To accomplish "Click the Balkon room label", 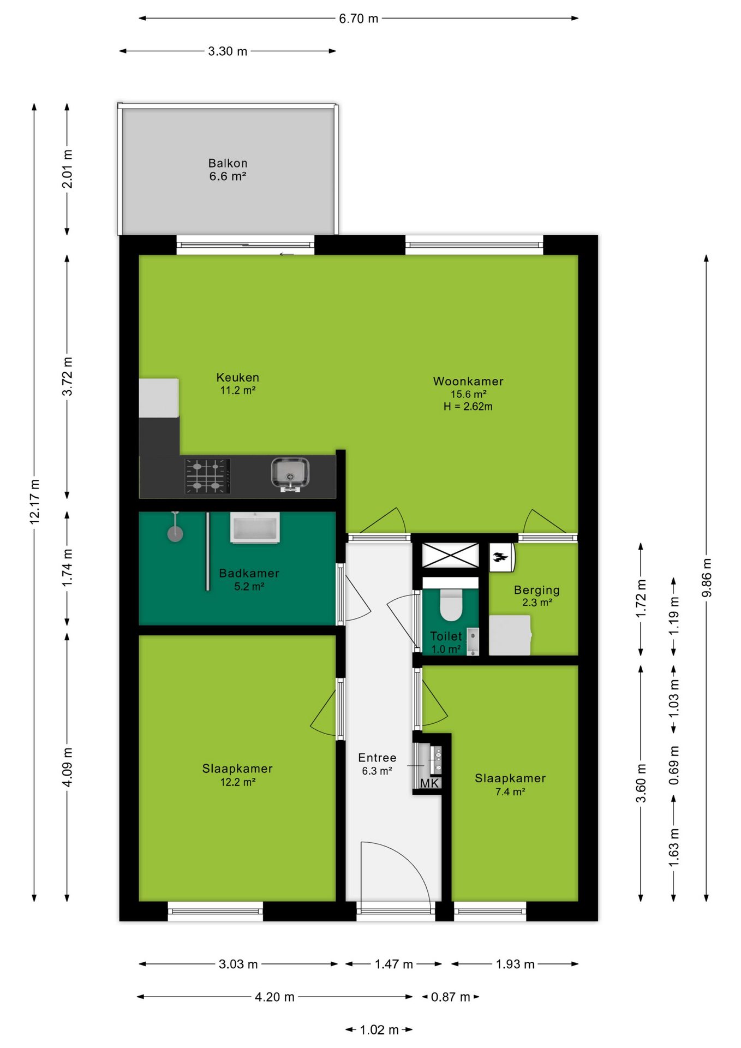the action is [x=228, y=163].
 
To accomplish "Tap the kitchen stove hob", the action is [x=207, y=476].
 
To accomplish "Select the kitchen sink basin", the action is [x=290, y=473].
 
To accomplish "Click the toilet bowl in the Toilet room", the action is [x=451, y=604].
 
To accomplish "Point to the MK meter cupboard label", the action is [x=429, y=783].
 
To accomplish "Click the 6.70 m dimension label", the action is [x=358, y=19].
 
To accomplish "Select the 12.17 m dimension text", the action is [x=34, y=502].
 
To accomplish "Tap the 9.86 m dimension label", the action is [x=707, y=577].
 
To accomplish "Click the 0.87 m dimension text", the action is [x=451, y=997].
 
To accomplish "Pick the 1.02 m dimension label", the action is [x=379, y=1030].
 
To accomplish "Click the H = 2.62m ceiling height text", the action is [x=468, y=407].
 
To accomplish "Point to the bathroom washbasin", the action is [x=255, y=527].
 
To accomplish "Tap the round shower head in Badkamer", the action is [x=175, y=533].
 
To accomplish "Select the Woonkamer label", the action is [x=468, y=382].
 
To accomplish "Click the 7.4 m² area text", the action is [x=510, y=791].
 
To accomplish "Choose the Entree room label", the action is [x=377, y=758].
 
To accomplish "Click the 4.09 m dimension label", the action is [x=67, y=767].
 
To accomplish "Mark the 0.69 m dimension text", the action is [x=674, y=765].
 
